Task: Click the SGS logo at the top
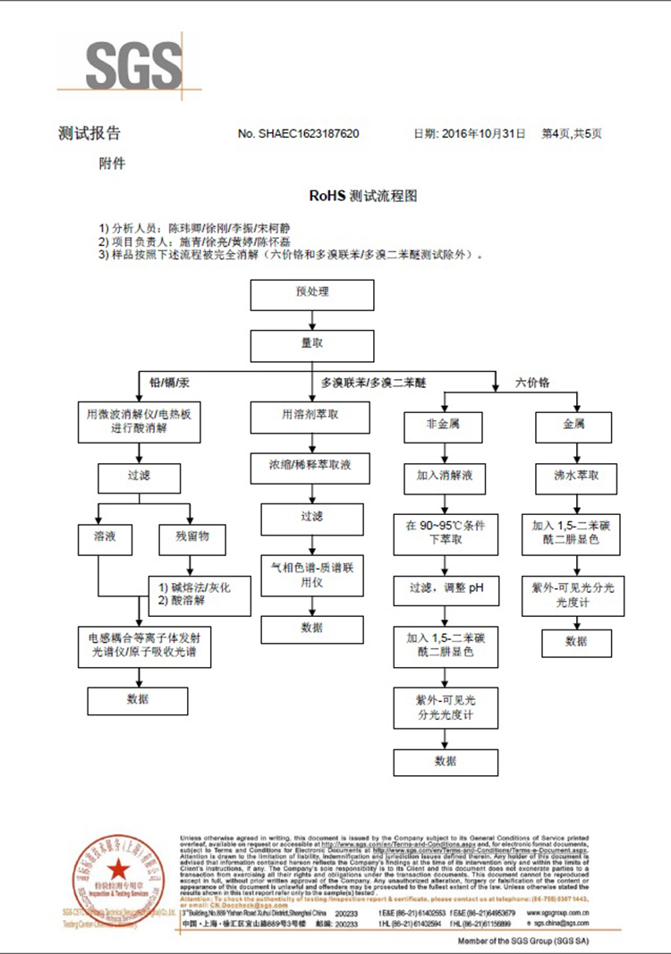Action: point(132,64)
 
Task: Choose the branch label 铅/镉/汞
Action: point(170,382)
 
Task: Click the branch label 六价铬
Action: point(533,382)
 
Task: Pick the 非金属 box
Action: point(445,425)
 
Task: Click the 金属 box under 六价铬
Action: point(573,425)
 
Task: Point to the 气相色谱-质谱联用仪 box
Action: point(312,573)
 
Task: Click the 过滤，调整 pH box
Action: point(445,587)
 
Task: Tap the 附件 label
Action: point(112,165)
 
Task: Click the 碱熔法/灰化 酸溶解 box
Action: point(195,594)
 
